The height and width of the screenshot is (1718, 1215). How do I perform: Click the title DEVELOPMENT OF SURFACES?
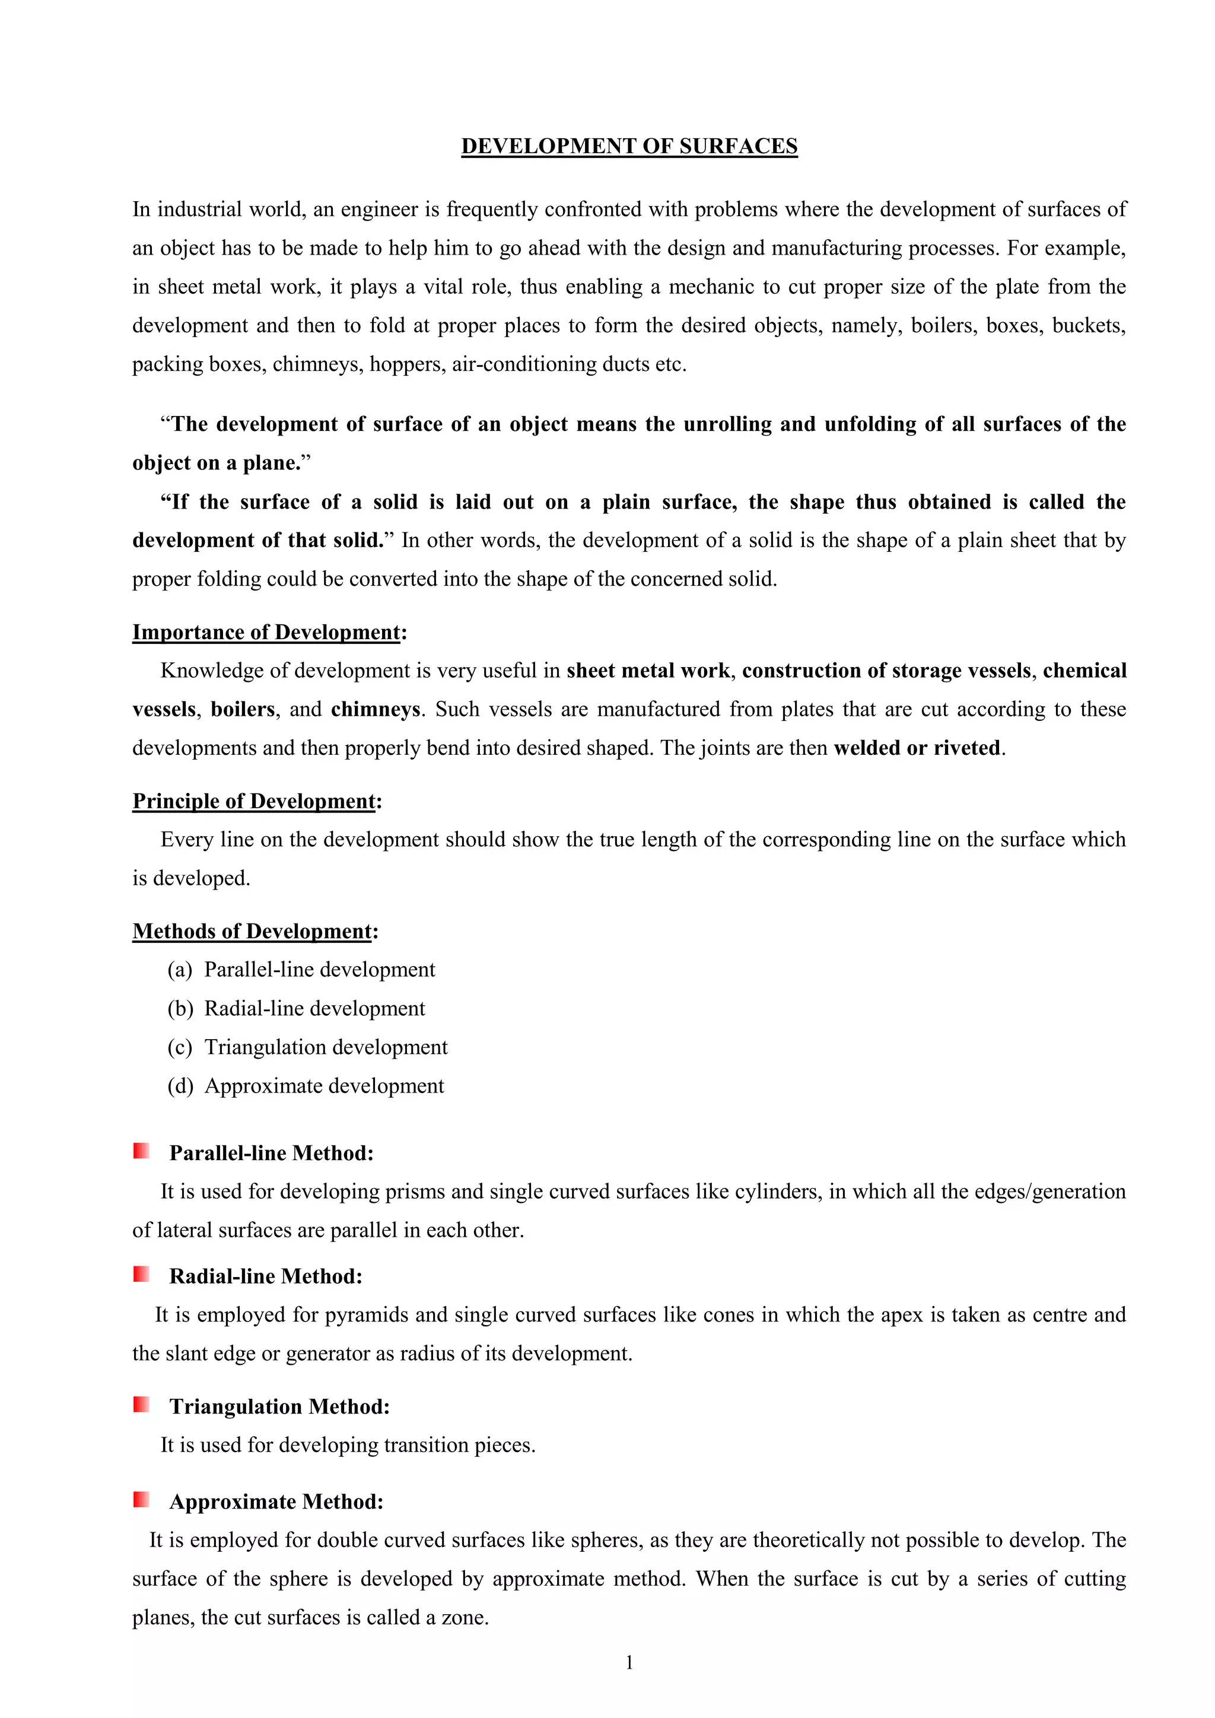tap(629, 146)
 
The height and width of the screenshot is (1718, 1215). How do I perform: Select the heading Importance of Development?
tap(266, 632)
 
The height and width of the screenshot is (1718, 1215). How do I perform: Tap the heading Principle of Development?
tap(254, 801)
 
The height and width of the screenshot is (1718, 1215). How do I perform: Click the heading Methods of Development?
tap(252, 932)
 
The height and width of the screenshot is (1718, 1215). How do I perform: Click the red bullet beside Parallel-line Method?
tap(141, 1151)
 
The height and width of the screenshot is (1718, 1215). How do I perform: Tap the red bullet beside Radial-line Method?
tap(141, 1274)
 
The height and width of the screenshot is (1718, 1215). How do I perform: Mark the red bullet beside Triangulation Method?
tap(141, 1405)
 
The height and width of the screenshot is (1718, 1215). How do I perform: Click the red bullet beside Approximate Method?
tap(141, 1500)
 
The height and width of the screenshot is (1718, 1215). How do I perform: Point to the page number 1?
tap(629, 1663)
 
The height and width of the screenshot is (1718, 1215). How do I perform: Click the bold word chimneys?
tap(376, 709)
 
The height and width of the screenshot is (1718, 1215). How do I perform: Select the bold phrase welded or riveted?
tap(917, 748)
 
